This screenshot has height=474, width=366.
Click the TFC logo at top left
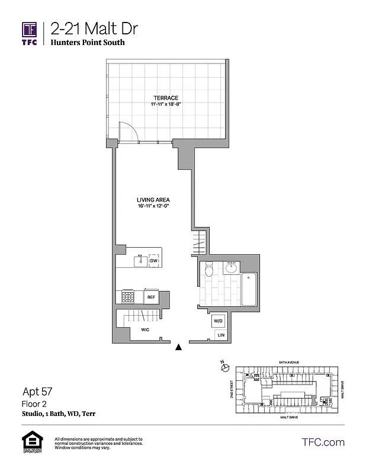pyautogui.click(x=30, y=33)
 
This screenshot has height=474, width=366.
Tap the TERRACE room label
pyautogui.click(x=166, y=98)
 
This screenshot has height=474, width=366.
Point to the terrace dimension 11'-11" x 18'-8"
pyautogui.click(x=166, y=105)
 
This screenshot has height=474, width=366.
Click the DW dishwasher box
pyautogui.click(x=153, y=261)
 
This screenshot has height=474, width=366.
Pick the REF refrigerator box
pyautogui.click(x=150, y=297)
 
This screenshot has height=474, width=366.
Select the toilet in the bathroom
pyautogui.click(x=208, y=271)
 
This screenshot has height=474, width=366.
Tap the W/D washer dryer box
pyautogui.click(x=218, y=321)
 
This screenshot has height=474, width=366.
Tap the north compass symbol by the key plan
pyautogui.click(x=224, y=367)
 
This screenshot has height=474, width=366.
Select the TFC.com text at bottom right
pyautogui.click(x=323, y=442)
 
